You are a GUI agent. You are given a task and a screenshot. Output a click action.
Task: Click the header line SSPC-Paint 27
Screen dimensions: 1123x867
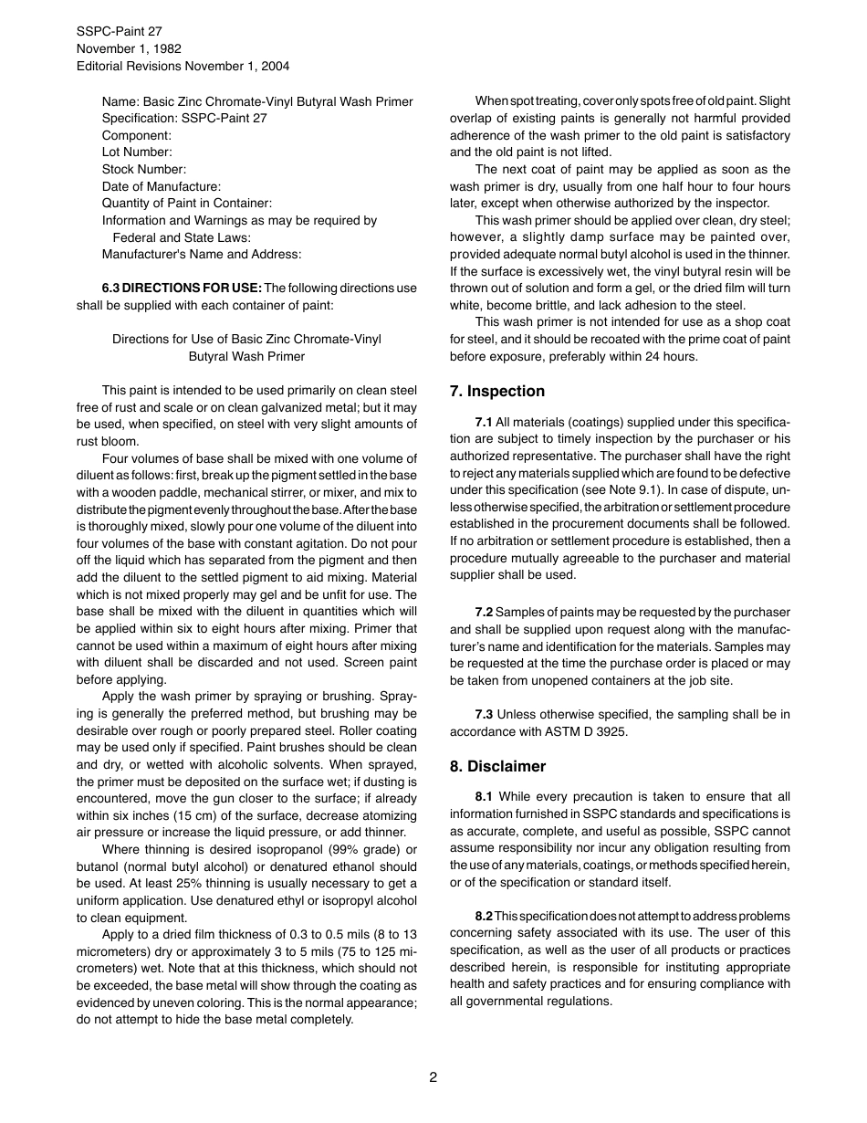click(119, 31)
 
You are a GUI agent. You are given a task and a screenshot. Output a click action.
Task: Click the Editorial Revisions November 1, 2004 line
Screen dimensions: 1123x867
click(183, 66)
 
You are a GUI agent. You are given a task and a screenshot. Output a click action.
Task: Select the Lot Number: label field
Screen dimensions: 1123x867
click(137, 152)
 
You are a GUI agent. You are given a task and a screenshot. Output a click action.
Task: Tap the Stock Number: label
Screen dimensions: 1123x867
click(144, 169)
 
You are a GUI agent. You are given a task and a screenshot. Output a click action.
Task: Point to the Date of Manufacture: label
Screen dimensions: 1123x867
click(162, 186)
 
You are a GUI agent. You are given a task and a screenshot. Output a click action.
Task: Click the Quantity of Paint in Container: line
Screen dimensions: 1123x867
click(187, 204)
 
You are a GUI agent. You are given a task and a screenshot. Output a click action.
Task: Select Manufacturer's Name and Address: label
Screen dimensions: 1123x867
click(202, 254)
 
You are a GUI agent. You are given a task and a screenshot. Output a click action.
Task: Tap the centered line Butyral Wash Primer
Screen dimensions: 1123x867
click(246, 356)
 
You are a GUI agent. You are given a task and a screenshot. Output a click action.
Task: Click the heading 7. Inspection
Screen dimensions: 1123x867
click(496, 391)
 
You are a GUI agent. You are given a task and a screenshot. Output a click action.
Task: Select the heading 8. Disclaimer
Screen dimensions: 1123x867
click(497, 766)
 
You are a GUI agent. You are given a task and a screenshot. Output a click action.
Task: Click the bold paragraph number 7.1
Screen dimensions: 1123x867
click(484, 422)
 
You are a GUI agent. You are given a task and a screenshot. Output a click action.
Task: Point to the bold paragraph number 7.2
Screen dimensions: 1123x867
click(484, 612)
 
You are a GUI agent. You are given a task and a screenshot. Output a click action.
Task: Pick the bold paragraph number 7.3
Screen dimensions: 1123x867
click(484, 714)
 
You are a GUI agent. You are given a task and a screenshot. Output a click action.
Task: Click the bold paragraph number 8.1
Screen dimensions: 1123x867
click(484, 797)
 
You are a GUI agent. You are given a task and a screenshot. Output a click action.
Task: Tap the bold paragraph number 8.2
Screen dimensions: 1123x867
click(484, 916)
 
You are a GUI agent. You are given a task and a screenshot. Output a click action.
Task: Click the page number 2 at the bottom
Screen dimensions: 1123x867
click(433, 1076)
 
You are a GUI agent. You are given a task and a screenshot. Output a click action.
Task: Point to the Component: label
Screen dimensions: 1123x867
click(137, 135)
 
